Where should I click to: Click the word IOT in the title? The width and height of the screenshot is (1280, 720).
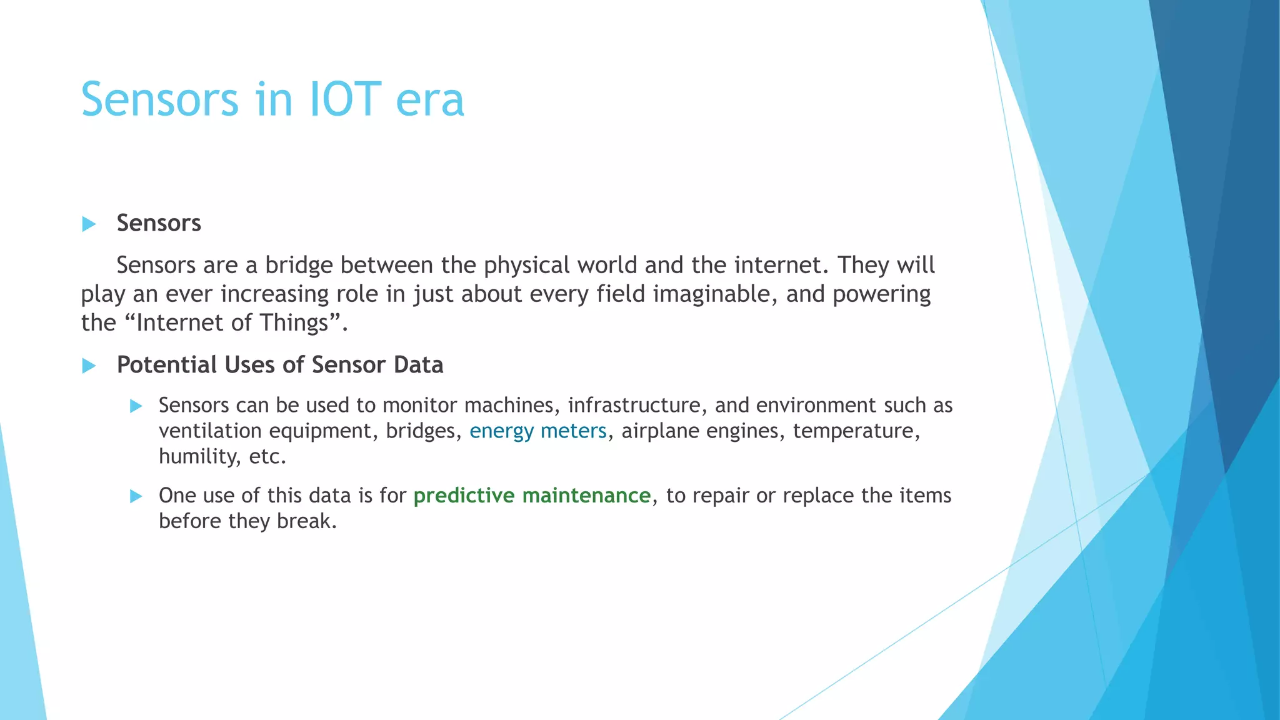345,99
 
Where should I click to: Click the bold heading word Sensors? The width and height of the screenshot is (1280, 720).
159,223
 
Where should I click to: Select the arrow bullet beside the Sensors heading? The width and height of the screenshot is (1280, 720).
89,224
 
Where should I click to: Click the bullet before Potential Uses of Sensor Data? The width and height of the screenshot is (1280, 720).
89,366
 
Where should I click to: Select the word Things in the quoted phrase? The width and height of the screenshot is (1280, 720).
294,323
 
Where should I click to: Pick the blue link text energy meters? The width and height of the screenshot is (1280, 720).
538,431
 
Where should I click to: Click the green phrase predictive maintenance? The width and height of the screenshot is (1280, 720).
532,496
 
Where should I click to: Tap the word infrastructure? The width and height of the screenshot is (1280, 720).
637,406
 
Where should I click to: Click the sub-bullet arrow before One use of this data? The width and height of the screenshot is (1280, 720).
136,496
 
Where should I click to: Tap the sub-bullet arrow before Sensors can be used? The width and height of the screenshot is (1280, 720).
136,406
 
